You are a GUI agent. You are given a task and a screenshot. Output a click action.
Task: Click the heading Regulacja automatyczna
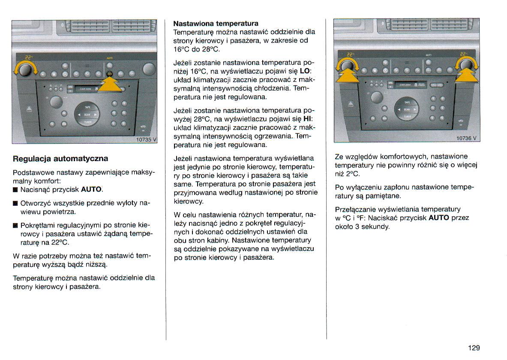click(x=60, y=159)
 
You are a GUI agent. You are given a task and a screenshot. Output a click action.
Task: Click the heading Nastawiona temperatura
click(x=216, y=23)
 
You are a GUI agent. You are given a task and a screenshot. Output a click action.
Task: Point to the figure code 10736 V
click(x=467, y=138)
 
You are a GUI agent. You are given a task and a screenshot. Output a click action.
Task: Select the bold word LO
click(x=305, y=70)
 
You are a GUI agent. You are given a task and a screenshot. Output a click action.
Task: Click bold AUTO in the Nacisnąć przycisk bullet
click(x=91, y=189)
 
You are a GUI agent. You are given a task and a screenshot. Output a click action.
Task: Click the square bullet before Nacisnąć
click(x=15, y=189)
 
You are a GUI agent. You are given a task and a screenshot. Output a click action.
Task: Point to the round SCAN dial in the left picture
click(x=87, y=114)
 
